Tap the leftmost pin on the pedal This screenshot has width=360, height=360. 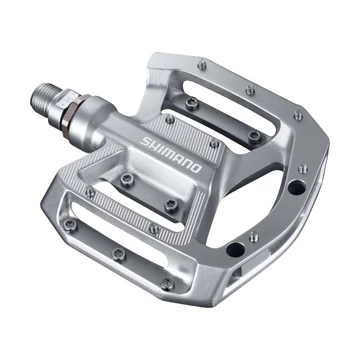88,191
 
